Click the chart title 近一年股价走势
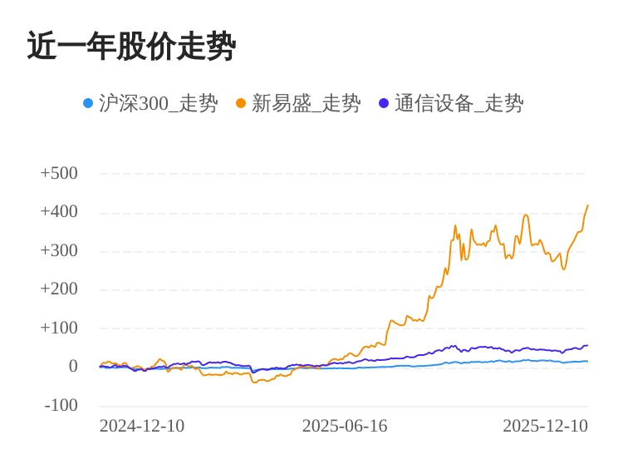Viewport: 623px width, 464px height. [131, 47]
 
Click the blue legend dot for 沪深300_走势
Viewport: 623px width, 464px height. [88, 103]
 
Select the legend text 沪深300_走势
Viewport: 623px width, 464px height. [158, 103]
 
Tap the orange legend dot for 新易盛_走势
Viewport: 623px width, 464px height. [241, 103]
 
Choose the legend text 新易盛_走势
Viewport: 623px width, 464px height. [306, 103]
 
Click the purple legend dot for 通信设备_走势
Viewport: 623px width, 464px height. [384, 103]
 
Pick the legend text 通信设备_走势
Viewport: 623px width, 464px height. [459, 103]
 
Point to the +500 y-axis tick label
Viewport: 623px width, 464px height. [59, 173]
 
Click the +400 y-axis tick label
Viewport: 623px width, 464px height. [59, 211]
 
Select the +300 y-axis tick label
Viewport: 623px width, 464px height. [59, 250]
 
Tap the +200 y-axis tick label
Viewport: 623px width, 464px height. [59, 289]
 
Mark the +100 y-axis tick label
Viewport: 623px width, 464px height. [59, 328]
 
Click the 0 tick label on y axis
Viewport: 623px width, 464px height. [73, 366]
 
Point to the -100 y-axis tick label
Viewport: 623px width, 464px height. [61, 405]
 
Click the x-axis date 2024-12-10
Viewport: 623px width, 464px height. [142, 426]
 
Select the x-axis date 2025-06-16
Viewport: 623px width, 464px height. [345, 426]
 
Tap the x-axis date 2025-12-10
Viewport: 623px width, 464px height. [545, 426]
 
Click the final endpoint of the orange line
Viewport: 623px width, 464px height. [587, 205]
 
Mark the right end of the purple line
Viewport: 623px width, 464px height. [587, 345]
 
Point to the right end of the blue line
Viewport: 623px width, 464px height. [587, 361]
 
